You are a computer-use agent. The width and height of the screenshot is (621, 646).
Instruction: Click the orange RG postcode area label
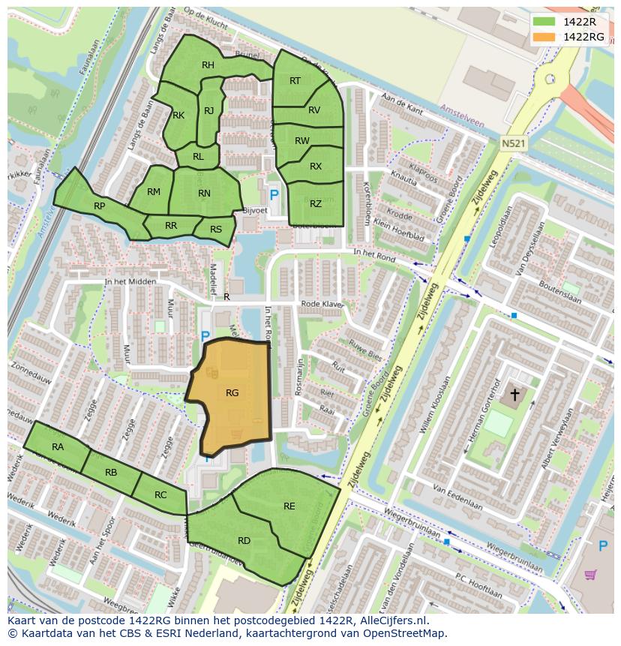[232, 392]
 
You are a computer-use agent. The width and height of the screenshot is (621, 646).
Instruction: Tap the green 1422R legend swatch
[544, 22]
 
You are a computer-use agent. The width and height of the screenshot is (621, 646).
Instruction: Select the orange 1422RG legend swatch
[544, 37]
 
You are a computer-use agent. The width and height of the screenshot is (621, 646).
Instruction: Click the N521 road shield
[514, 142]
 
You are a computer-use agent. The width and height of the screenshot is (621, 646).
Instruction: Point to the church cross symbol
[515, 393]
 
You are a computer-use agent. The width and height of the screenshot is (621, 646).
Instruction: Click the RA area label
[58, 446]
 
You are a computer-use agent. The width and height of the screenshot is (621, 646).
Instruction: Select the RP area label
[99, 206]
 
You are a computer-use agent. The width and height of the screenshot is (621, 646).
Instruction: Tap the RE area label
[289, 506]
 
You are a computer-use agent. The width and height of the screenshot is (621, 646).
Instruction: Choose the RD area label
[244, 540]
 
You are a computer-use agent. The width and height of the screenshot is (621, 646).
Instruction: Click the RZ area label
[316, 203]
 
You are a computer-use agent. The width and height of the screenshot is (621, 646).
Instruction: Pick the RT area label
[295, 80]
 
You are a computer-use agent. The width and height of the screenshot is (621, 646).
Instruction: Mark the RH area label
[208, 65]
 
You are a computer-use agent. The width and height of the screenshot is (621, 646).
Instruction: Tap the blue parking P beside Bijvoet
[274, 194]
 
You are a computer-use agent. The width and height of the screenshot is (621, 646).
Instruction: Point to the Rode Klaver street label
[322, 304]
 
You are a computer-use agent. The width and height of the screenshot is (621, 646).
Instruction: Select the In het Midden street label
[130, 281]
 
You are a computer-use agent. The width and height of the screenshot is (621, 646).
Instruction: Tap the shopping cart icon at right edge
[590, 575]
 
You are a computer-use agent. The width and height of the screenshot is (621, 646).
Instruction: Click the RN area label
[204, 193]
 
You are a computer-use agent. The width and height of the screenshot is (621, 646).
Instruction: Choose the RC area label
[160, 494]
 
